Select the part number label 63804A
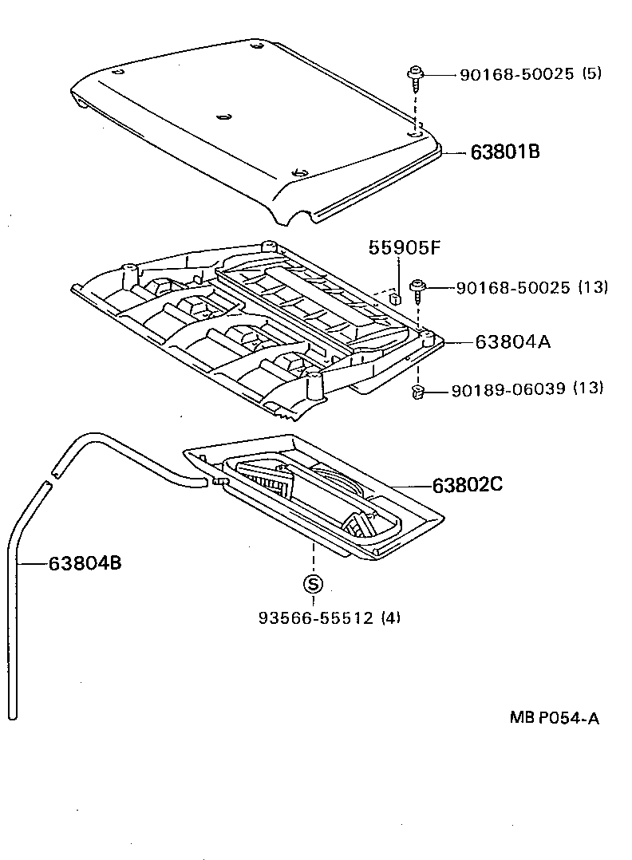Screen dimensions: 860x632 pos(512,342)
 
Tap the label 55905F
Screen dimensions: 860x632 pos(404,248)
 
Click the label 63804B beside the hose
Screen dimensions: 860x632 pos(85,563)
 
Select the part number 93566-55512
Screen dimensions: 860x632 pos(316,617)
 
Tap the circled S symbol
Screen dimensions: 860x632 pos(313,584)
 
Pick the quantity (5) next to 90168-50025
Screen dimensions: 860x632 pos(591,74)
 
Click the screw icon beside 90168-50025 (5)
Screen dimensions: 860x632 pos(415,77)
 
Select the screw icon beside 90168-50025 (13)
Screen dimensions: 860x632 pos(417,290)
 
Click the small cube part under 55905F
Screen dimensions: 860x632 pos(394,298)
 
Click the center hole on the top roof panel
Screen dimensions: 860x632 pos(224,117)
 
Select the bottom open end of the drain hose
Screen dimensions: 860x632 pos(14,713)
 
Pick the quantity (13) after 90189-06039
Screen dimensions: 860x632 pos(590,389)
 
